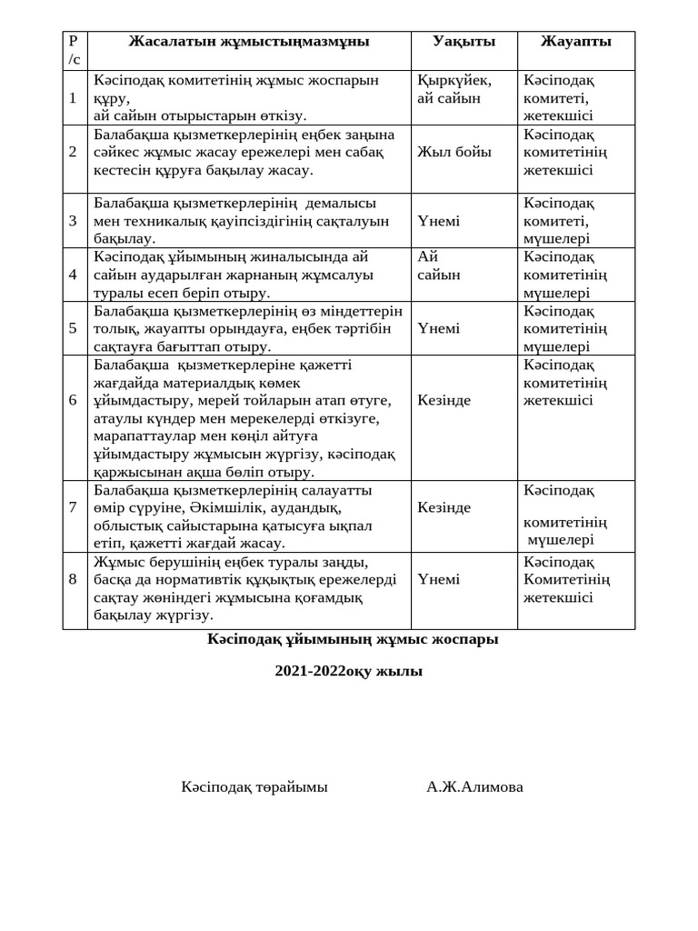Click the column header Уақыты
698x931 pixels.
coord(464,42)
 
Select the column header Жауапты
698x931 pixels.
coord(575,42)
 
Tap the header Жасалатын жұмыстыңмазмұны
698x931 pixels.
coord(249,42)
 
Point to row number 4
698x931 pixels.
coord(73,275)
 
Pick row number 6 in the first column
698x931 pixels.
coord(73,400)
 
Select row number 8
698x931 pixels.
coord(73,579)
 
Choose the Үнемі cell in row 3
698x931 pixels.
coord(438,221)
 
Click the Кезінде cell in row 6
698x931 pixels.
coord(444,400)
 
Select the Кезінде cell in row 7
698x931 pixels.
coord(444,507)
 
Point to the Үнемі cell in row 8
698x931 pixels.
coord(438,579)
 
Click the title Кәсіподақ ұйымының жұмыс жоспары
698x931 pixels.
coord(353,639)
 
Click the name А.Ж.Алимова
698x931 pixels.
coord(474,786)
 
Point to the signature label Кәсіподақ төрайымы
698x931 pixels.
coord(254,786)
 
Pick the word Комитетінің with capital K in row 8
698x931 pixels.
coord(566,579)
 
